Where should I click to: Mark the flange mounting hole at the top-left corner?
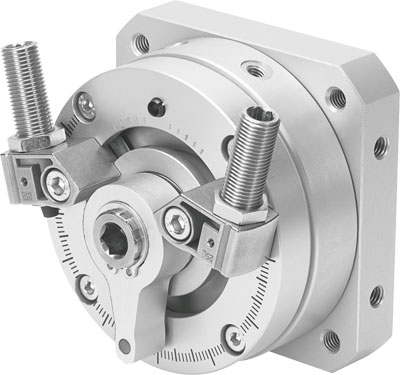(x=141, y=43)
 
